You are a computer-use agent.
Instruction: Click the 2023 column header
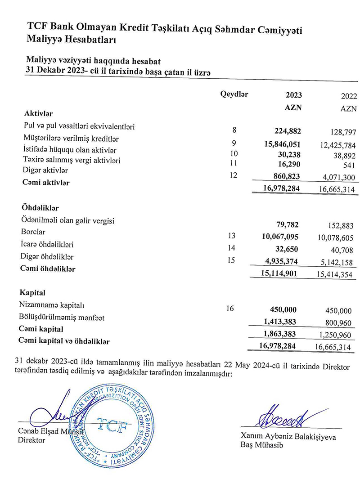click(x=293, y=95)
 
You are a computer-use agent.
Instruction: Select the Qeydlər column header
click(x=234, y=94)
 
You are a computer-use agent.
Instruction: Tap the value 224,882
click(x=288, y=131)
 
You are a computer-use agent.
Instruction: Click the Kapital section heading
click(x=32, y=293)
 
